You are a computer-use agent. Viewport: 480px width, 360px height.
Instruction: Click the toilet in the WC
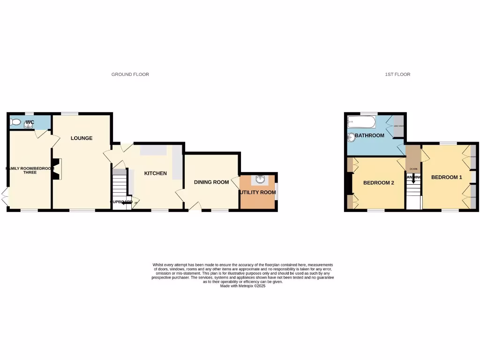point(16,122)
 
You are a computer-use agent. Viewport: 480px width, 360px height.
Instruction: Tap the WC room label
point(30,122)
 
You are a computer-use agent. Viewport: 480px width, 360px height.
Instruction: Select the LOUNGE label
point(82,138)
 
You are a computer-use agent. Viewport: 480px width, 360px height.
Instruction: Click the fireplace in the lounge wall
point(57,169)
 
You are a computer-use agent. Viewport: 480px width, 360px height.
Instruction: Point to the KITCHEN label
point(155,173)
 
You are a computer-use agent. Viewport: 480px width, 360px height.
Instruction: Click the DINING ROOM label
point(211,182)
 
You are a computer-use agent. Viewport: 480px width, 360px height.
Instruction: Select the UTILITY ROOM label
point(258,193)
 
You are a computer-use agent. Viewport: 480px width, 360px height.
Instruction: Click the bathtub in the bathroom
point(361,123)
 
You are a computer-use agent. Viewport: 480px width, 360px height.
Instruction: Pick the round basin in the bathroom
point(351,137)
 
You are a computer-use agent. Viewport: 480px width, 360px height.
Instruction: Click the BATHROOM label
point(369,136)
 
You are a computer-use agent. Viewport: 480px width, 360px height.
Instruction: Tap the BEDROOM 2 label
point(379,183)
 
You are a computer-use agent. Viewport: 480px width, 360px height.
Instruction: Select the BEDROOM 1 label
point(446,177)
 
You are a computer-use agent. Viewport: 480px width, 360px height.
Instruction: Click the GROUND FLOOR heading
point(130,75)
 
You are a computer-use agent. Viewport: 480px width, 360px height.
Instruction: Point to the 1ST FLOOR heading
point(397,75)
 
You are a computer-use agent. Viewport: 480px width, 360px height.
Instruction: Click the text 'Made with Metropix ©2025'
point(243,286)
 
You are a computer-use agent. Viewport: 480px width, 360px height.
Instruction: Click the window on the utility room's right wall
point(276,191)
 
